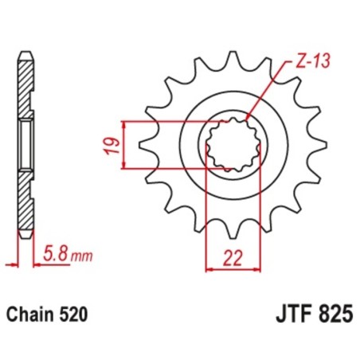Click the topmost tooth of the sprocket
point(237,60)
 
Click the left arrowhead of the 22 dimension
point(209,268)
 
